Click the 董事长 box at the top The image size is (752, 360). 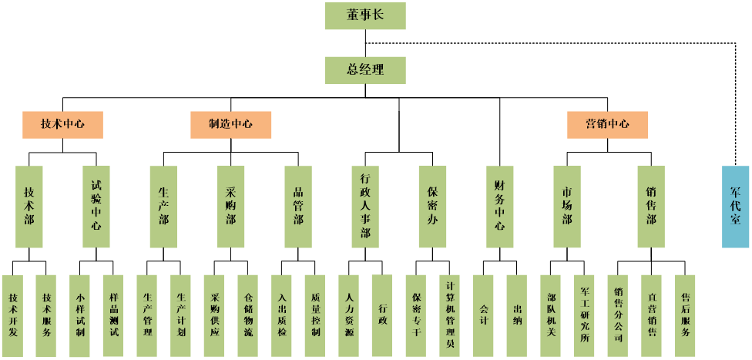[365, 16]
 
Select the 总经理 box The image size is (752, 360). [365, 70]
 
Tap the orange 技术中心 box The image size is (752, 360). [62, 124]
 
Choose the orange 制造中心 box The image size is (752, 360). [231, 124]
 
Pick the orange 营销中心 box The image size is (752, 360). [607, 124]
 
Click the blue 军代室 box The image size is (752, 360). [735, 207]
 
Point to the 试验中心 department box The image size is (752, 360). [96, 207]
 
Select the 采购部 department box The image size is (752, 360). [230, 207]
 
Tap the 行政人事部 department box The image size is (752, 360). [365, 207]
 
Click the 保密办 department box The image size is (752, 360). [432, 207]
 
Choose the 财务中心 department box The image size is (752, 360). [499, 207]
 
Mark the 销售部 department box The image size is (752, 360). [651, 207]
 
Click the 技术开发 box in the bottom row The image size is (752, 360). [13, 315]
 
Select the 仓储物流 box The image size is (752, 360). [247, 315]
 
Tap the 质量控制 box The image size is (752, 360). [315, 315]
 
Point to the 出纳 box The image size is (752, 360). [517, 315]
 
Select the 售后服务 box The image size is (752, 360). [686, 315]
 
